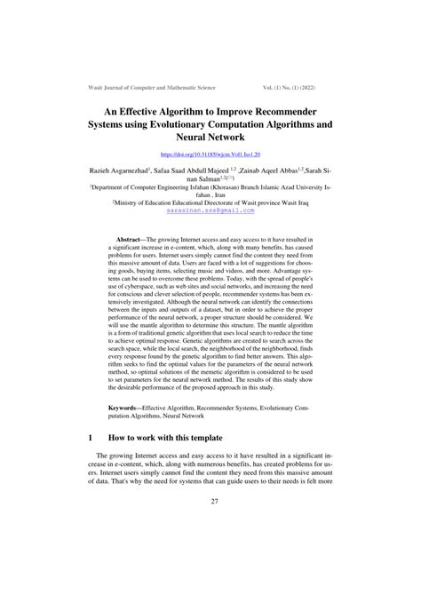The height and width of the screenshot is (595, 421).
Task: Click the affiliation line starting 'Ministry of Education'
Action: [210, 202]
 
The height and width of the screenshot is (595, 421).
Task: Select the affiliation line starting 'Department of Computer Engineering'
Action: [210, 188]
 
